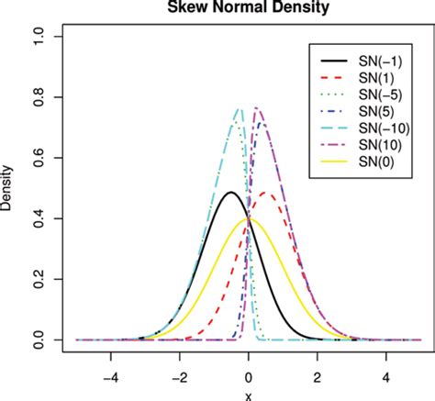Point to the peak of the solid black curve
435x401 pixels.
(x=229, y=192)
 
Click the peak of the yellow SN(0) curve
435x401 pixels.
(x=249, y=219)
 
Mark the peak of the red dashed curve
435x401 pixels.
(x=267, y=193)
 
